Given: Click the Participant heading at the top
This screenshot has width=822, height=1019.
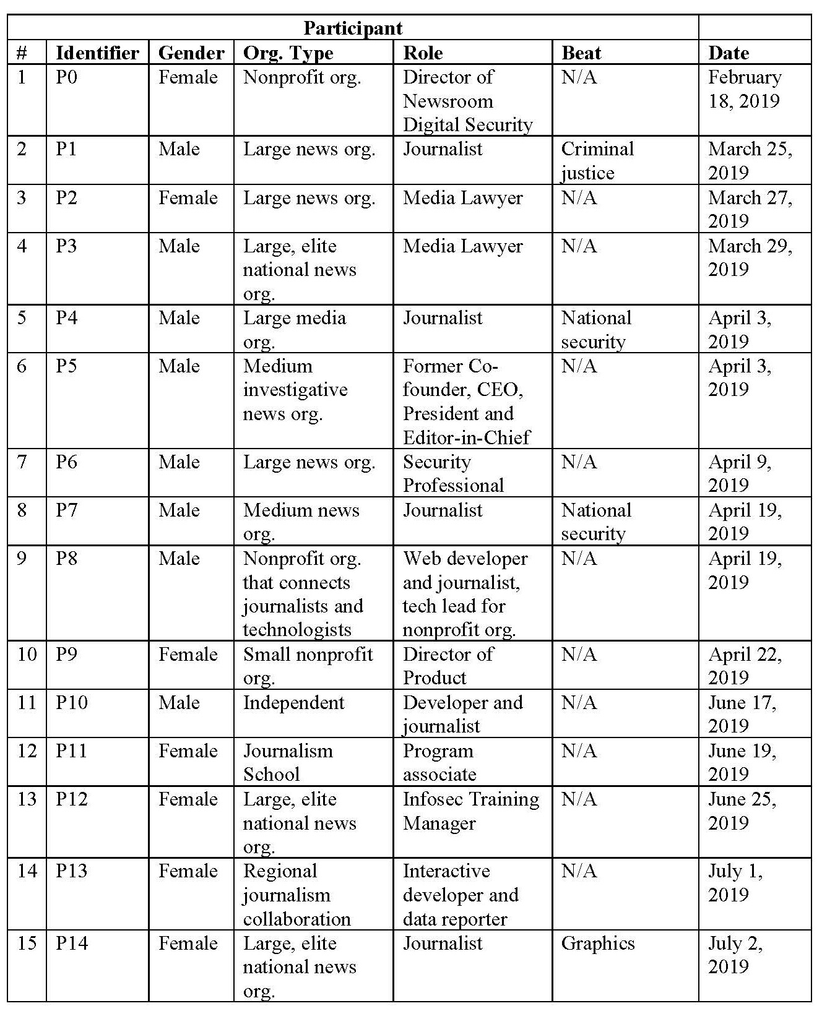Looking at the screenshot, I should click(353, 28).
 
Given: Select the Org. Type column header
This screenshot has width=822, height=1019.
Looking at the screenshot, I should click(288, 53).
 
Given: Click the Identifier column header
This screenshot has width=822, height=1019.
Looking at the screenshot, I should click(97, 53).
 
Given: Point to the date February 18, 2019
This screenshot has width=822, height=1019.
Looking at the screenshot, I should click(744, 88).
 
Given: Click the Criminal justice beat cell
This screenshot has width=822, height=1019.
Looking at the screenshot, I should click(597, 160).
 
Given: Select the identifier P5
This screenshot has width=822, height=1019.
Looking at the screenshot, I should click(66, 366).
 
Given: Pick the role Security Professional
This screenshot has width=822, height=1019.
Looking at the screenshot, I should click(453, 473).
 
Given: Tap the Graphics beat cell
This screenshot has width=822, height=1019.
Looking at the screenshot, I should click(597, 943).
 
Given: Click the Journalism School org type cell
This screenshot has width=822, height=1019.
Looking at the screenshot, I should click(288, 762).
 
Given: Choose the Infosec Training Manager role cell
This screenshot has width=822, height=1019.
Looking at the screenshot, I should click(470, 810).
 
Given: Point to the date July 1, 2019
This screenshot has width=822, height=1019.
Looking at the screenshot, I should click(735, 882).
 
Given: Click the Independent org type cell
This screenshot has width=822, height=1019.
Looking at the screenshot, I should click(293, 702).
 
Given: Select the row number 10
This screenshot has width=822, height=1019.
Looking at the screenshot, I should click(27, 654).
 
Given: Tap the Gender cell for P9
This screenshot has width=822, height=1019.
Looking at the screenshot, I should click(188, 654).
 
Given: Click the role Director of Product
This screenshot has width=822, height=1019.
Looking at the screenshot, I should click(448, 666).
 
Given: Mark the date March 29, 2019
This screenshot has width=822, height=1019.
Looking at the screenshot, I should click(750, 257).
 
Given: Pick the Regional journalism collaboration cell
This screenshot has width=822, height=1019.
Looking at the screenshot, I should click(296, 895).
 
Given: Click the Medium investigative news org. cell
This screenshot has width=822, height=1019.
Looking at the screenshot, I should click(295, 390).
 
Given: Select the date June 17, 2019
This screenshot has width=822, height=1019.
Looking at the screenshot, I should click(742, 714).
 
